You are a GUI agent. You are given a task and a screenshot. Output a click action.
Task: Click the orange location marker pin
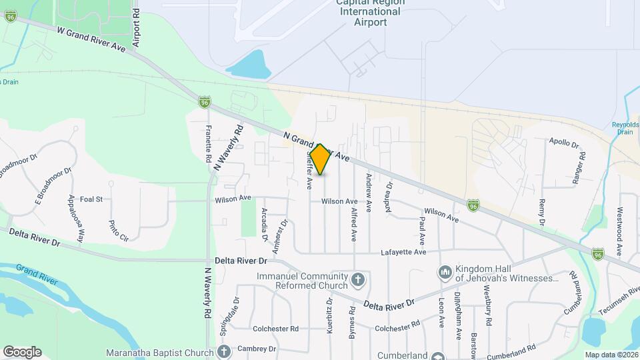pos(320,159)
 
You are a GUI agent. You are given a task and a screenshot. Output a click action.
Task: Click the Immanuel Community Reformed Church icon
pos(358,279)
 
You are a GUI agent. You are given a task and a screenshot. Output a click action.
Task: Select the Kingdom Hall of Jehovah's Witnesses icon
pos(445,272)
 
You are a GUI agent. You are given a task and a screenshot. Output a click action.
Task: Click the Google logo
pos(22,351)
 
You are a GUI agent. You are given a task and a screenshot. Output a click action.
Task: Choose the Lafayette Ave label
pos(403,252)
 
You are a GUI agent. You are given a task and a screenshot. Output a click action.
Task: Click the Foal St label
pos(91,199)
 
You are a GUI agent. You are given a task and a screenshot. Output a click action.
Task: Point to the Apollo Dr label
pos(564,141)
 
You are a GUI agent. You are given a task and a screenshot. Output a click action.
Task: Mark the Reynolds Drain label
pos(625,128)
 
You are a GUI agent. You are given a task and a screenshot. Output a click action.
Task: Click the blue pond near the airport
pos(248,64)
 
